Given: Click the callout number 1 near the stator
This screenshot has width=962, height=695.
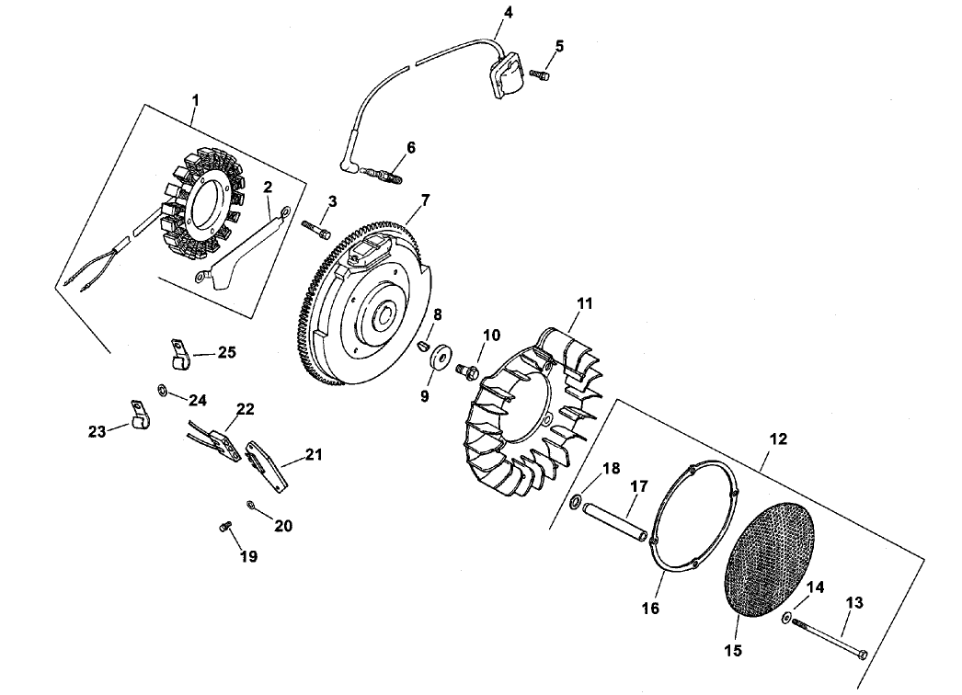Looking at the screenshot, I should (194, 97).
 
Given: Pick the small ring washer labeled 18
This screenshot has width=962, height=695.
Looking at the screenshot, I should (575, 501).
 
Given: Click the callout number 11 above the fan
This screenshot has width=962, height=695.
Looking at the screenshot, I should (585, 302).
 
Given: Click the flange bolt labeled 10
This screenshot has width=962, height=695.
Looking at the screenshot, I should (466, 370).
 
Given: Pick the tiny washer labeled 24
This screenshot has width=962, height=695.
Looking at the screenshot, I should (163, 392).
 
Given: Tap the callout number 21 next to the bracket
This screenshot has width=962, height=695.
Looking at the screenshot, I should (315, 454).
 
